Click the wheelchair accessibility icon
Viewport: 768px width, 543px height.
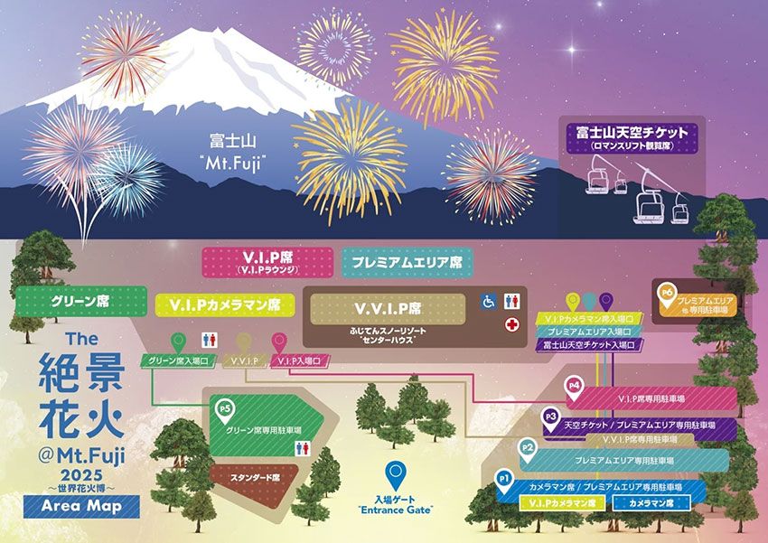click(488, 302)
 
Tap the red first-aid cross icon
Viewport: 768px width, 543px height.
click(512, 324)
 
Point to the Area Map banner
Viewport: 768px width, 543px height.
click(89, 506)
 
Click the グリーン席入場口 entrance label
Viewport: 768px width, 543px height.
click(177, 361)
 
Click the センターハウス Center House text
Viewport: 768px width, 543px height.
click(388, 343)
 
